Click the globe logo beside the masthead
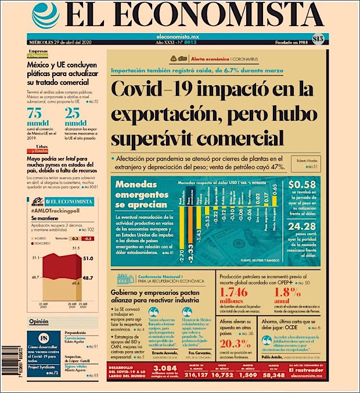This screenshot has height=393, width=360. [x=45, y=16]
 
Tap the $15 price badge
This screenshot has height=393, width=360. [x=317, y=39]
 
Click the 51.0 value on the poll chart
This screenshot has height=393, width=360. [x=88, y=258]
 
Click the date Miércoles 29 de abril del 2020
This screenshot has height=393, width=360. [x=62, y=42]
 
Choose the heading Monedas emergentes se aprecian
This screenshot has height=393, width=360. [x=141, y=193]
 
